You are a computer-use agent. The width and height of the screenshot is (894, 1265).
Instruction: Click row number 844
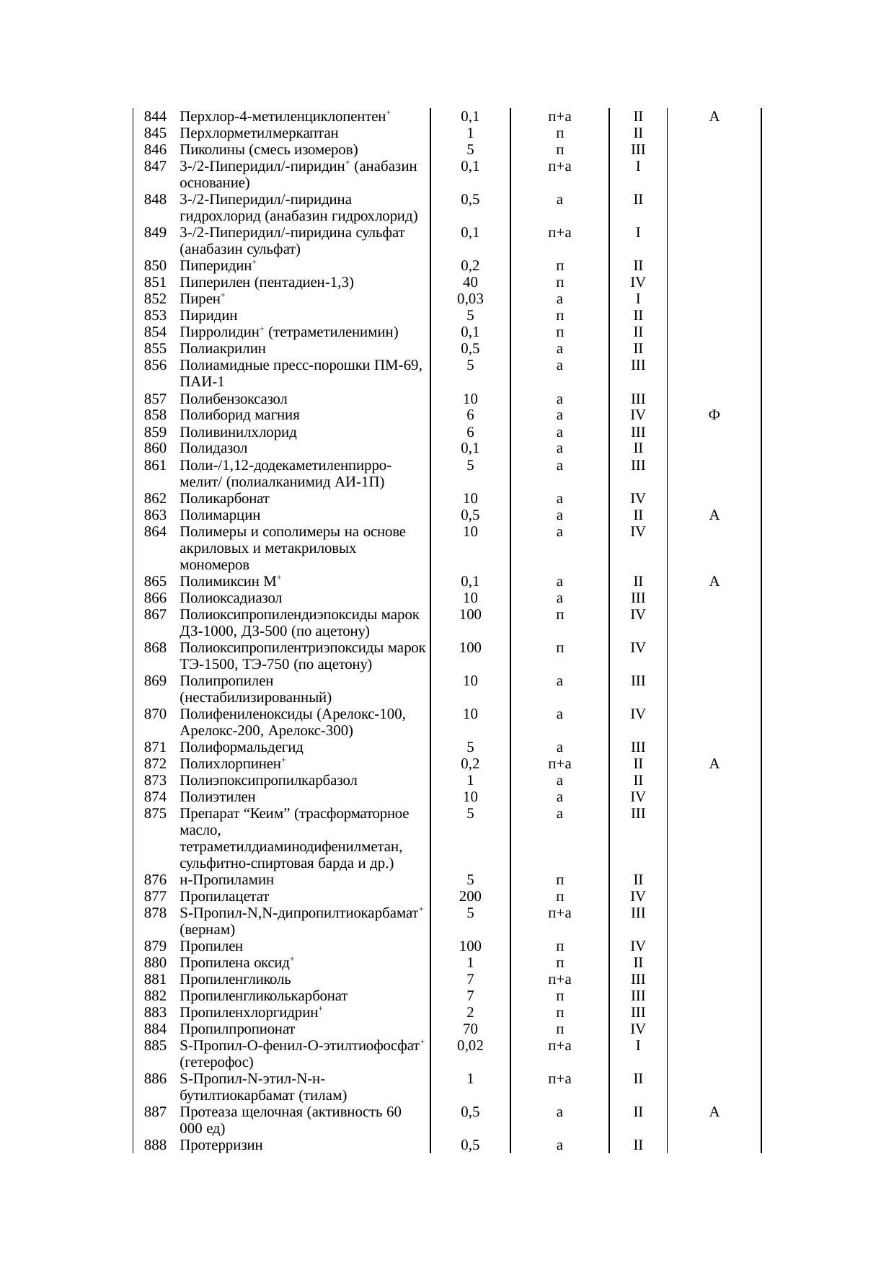tap(155, 117)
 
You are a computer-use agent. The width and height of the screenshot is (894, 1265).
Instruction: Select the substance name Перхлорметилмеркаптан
tap(259, 133)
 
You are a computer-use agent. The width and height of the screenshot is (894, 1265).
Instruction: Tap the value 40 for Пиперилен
tap(470, 283)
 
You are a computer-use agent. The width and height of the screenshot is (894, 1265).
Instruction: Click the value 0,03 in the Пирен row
tap(470, 299)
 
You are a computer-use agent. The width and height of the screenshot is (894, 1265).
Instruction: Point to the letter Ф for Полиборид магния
tap(714, 415)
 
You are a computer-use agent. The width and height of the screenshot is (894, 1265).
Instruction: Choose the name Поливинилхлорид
tap(238, 432)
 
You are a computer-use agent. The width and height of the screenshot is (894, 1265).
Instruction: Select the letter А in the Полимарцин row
tap(714, 515)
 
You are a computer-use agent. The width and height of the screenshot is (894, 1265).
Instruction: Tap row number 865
tap(155, 582)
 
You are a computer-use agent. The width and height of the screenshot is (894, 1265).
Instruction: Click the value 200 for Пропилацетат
tap(470, 897)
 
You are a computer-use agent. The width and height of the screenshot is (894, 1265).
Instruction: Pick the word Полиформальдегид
tap(242, 747)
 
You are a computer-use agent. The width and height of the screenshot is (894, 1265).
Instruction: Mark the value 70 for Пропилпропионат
tap(470, 1029)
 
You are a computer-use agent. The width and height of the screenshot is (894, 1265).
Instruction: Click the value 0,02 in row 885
tap(470, 1046)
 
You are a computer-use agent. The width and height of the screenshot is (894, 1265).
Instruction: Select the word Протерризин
tap(221, 1145)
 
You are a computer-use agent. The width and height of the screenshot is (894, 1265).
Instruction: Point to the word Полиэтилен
tap(217, 797)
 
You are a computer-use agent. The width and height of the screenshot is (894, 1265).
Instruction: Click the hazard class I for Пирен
tap(638, 299)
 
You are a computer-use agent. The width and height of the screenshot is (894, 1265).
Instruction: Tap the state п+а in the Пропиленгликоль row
tap(559, 980)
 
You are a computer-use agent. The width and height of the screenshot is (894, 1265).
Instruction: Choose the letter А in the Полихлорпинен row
tap(714, 764)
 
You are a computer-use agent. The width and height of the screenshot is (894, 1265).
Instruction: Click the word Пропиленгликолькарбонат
tap(263, 996)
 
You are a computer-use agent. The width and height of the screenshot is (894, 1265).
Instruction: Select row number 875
tap(155, 814)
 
